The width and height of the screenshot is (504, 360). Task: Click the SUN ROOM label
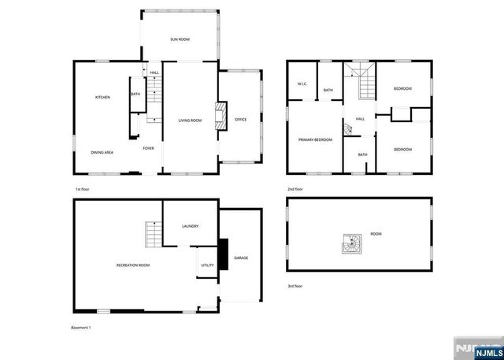click(180, 39)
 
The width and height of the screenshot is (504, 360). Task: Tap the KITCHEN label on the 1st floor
click(102, 97)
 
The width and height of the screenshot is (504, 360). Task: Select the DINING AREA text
click(102, 152)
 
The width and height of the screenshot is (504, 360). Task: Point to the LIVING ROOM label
click(190, 121)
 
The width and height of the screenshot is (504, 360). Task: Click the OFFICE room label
click(240, 120)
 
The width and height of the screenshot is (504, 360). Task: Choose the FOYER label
click(148, 148)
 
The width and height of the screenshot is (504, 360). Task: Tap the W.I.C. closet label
click(302, 84)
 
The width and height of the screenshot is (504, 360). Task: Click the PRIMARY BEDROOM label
click(315, 140)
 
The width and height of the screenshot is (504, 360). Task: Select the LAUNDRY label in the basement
click(190, 226)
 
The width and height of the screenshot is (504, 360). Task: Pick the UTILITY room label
click(208, 265)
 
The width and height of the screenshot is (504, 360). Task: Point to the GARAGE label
click(241, 258)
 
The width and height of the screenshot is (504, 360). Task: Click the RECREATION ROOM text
click(133, 265)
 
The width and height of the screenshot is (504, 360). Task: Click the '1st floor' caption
click(83, 190)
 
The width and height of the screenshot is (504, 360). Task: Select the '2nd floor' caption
click(296, 190)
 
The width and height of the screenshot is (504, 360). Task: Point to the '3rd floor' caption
click(295, 286)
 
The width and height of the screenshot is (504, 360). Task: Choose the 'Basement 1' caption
click(81, 327)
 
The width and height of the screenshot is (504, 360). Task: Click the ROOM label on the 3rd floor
click(376, 234)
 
